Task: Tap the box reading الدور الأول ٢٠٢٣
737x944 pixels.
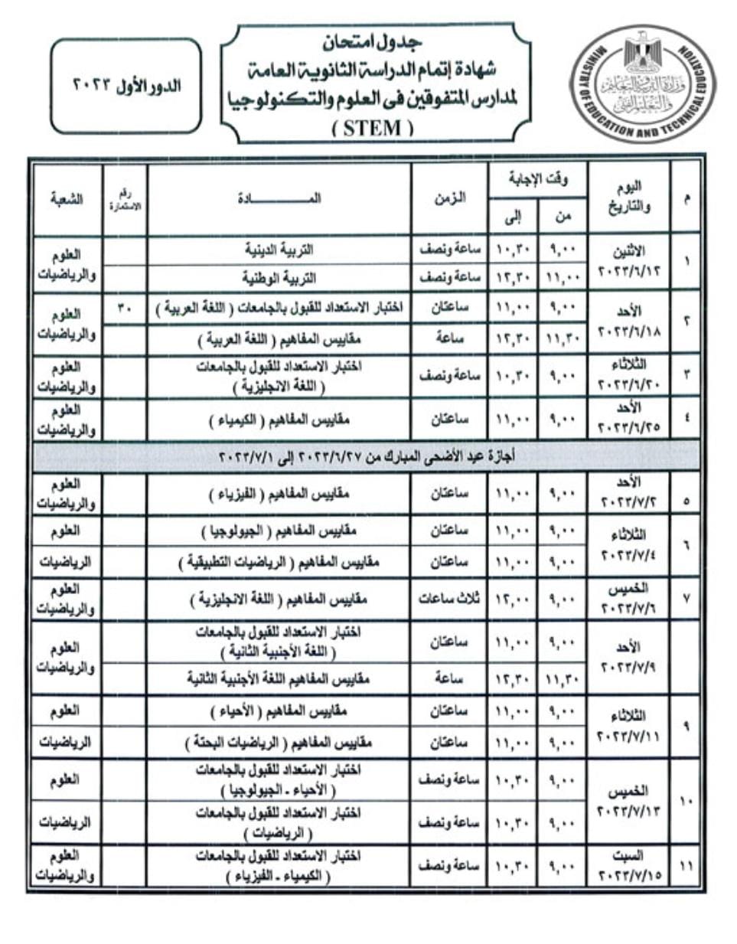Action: click(x=126, y=86)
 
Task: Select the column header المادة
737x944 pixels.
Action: click(x=279, y=198)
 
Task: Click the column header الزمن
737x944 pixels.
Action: click(x=449, y=198)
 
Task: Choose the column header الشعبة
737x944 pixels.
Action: click(x=67, y=198)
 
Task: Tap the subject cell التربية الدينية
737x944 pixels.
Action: click(x=279, y=250)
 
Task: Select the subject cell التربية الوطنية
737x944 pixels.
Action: click(x=279, y=277)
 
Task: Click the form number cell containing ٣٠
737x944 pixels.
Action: click(x=125, y=308)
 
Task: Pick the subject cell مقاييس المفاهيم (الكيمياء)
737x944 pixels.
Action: click(x=279, y=420)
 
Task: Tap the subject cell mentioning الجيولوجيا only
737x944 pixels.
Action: click(x=279, y=531)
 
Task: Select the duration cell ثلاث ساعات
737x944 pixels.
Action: click(x=449, y=598)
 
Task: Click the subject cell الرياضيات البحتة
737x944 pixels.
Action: click(x=279, y=743)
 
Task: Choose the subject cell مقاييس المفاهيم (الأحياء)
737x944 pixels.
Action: click(x=279, y=711)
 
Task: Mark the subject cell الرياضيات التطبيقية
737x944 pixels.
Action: click(x=279, y=563)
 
